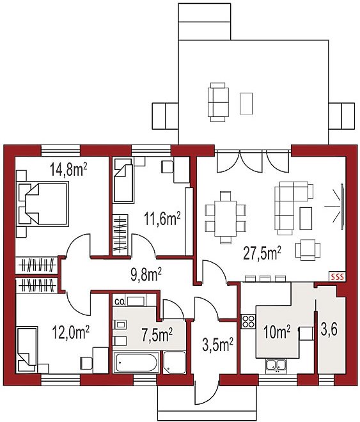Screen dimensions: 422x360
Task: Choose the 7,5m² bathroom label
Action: coord(156,334)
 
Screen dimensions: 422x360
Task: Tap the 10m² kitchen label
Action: coord(277,331)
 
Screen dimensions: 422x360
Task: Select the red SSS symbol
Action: coord(337,276)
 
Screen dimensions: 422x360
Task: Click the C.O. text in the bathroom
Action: coord(118,301)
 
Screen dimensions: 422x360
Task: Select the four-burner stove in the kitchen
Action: coord(248,322)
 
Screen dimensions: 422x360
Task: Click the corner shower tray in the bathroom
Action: coord(175,362)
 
